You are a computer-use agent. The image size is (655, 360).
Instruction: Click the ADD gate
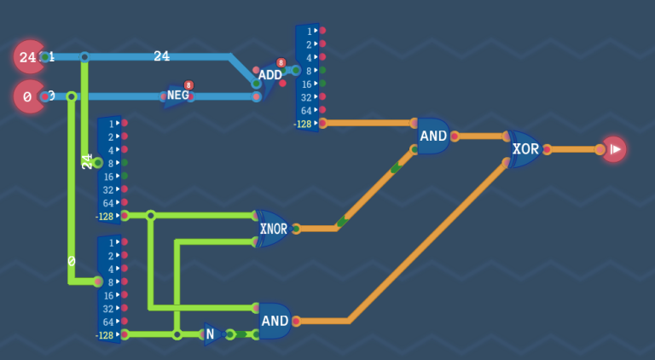(270, 75)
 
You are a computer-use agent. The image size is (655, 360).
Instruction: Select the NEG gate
(177, 96)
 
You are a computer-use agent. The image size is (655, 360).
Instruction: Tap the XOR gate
(525, 149)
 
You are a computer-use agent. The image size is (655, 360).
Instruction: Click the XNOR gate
(274, 229)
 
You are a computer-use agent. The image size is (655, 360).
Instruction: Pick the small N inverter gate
(211, 334)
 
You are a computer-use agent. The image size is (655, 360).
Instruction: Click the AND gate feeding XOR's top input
(433, 136)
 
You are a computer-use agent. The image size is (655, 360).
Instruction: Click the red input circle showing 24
(28, 57)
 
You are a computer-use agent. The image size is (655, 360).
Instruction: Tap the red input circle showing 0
(28, 96)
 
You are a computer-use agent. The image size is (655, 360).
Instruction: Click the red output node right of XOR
(613, 149)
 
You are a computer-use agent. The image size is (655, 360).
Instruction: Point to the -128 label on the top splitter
(303, 124)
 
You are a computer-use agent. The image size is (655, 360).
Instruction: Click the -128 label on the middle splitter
(105, 216)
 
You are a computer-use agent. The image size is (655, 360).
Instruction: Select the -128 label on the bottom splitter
(105, 335)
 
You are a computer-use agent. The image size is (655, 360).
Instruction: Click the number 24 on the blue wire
(161, 56)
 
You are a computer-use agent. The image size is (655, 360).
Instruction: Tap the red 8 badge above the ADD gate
(281, 63)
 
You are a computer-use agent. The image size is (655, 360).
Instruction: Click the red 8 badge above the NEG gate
(188, 85)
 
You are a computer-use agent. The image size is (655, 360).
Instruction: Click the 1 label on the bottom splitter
(111, 243)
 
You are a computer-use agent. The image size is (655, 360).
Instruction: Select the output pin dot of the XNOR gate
(295, 229)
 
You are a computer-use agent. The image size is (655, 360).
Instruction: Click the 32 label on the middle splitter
(108, 189)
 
